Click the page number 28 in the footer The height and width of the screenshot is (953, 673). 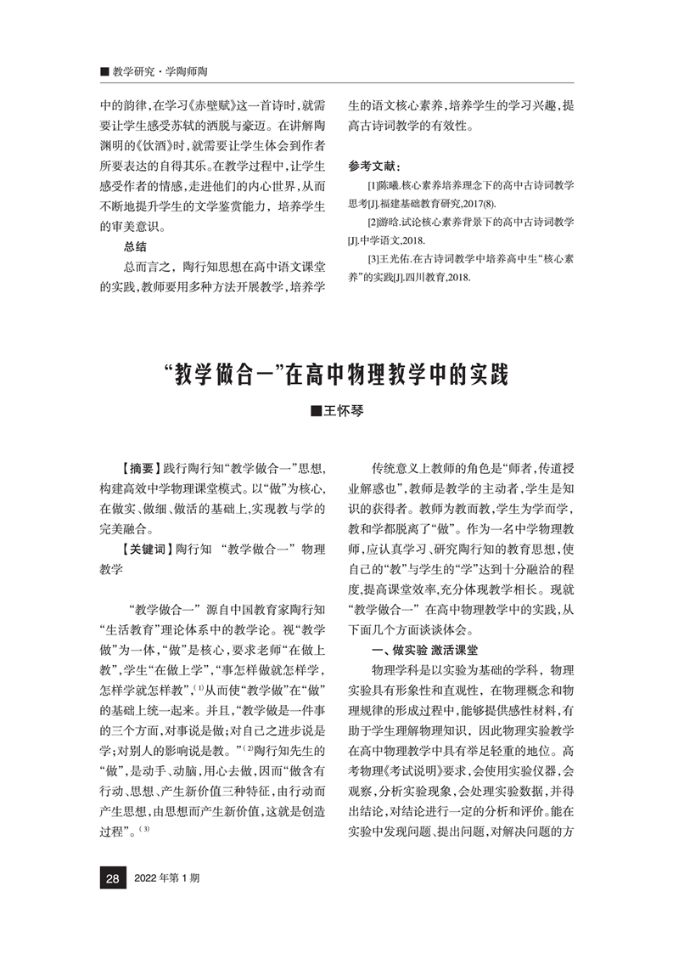point(111,877)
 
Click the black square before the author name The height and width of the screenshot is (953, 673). point(317,411)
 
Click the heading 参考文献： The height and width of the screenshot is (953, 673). point(379,165)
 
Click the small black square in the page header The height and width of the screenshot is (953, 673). point(104,72)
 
